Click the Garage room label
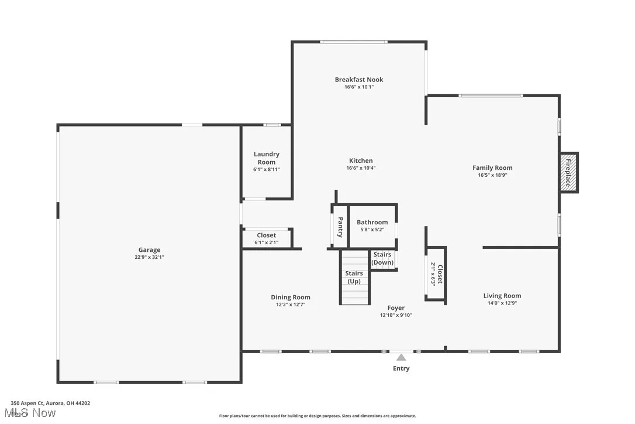click(x=149, y=250)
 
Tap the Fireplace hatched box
click(x=568, y=173)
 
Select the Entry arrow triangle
click(x=401, y=357)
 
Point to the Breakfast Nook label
click(x=359, y=80)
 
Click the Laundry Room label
click(x=266, y=158)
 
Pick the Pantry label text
click(x=340, y=227)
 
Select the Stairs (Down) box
click(x=382, y=259)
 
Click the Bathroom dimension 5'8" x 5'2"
click(x=372, y=230)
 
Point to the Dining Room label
click(x=291, y=298)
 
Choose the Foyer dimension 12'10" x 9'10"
click(x=396, y=315)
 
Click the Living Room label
click(x=502, y=296)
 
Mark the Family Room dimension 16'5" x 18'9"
click(x=492, y=175)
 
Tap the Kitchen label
click(x=361, y=160)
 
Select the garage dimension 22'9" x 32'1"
click(x=149, y=257)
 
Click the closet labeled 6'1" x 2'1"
click(x=266, y=239)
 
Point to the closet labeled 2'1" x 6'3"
click(x=436, y=273)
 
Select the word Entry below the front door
click(x=401, y=368)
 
